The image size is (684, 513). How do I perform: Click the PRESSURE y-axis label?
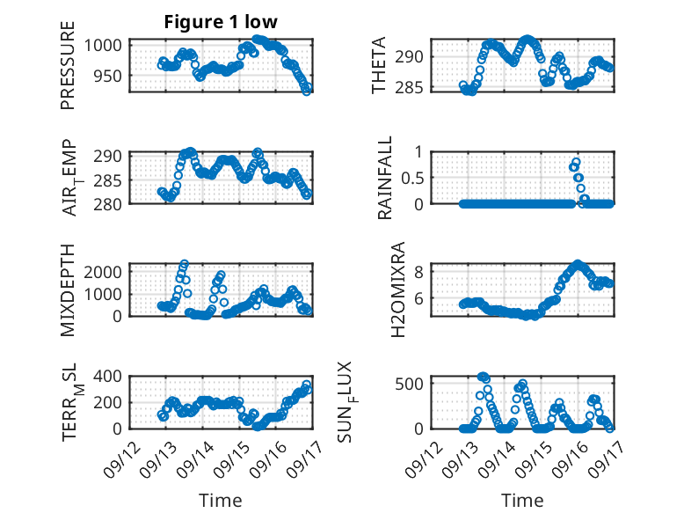pos(68,73)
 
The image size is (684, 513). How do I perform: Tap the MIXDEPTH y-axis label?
pos(69,289)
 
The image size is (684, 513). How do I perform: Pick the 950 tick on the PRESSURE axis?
pos(113,77)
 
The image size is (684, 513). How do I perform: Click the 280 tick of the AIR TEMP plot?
pos(113,203)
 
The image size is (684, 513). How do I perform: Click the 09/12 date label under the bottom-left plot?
pos(119,456)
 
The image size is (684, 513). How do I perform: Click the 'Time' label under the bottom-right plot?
pos(522,501)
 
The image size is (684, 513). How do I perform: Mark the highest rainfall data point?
pos(576,162)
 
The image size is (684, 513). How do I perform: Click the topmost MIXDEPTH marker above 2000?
pos(185,263)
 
